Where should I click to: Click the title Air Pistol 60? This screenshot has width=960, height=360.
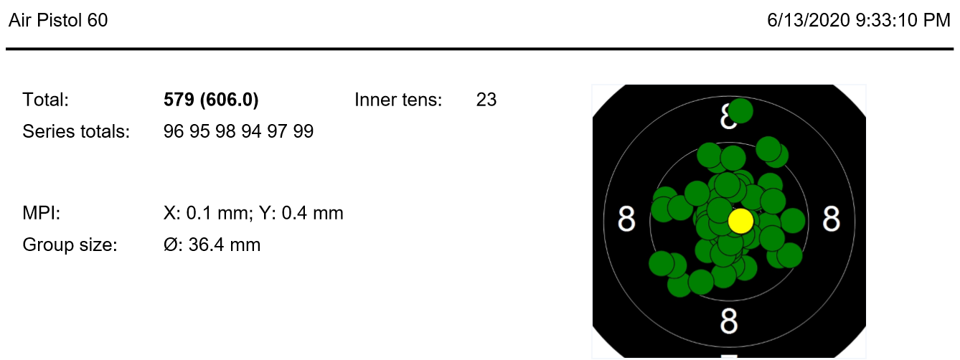58,20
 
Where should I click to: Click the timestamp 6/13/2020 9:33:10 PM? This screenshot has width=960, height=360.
858,20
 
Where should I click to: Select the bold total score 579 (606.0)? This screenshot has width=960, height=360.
211,100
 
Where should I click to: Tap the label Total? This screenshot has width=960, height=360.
45,100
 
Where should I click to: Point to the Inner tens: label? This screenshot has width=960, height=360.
398,100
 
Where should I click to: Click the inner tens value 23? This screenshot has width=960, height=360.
486,100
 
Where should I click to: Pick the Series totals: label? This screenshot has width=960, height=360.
76,131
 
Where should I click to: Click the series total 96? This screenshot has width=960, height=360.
174,131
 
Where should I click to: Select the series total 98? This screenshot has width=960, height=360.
225,131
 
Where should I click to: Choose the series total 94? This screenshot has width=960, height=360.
252,131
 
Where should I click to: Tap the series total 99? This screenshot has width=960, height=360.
303,131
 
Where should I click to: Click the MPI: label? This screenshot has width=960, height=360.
41,213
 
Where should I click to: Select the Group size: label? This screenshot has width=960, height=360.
70,245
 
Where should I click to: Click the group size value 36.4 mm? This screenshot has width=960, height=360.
224,245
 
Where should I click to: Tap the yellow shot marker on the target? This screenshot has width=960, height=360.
740,221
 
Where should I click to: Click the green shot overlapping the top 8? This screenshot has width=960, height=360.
740,110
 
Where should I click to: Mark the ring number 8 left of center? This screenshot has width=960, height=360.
626,219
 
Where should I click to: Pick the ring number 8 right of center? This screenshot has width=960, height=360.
831,219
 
